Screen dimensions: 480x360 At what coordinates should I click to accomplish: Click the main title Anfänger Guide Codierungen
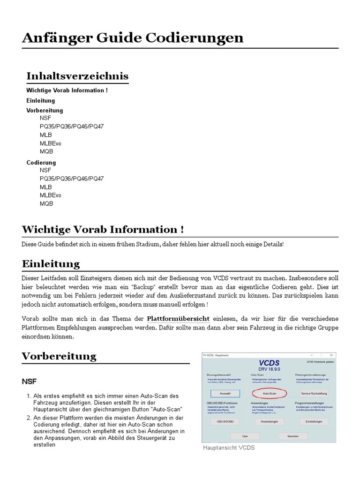tap(133, 37)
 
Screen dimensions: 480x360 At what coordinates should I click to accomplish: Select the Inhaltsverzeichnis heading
tap(77, 76)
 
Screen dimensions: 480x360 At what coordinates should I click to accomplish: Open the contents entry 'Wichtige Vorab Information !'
tap(67, 90)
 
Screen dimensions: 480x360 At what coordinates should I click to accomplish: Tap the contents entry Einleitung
tap(41, 100)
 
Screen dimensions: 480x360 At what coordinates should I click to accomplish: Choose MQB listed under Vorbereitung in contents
tap(46, 151)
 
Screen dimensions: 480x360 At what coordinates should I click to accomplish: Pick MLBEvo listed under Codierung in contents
tap(50, 195)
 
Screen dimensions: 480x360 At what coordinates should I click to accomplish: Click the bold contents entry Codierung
tap(41, 163)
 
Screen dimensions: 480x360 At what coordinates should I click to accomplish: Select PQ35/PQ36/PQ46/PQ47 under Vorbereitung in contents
tap(72, 127)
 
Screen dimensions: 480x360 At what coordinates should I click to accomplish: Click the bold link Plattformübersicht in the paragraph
tap(178, 319)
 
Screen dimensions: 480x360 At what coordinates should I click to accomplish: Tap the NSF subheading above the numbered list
tap(29, 382)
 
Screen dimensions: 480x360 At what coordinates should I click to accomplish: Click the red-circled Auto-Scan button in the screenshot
tap(269, 393)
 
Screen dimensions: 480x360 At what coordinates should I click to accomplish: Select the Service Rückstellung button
tap(314, 393)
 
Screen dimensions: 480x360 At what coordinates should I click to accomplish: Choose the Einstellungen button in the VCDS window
tap(314, 421)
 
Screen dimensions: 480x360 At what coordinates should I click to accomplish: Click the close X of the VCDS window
tap(331, 355)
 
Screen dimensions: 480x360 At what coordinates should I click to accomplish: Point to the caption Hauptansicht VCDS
tap(229, 448)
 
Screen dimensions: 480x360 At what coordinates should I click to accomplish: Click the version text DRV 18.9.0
tap(269, 368)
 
